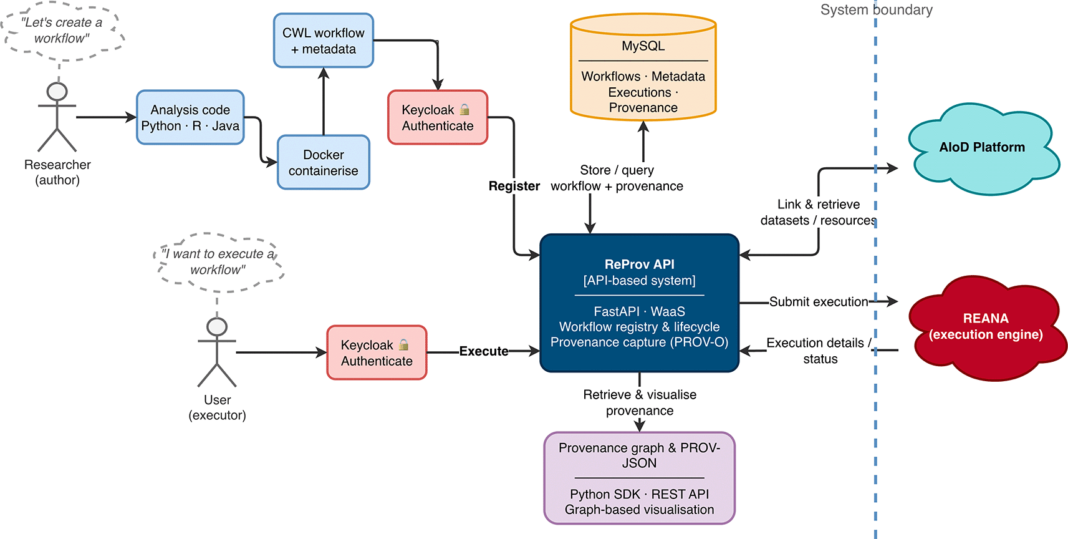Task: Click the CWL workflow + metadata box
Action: (323, 41)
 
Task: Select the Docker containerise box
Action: (323, 162)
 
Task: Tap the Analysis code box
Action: (190, 117)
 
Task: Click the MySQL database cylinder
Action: (643, 67)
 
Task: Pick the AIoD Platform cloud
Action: (982, 148)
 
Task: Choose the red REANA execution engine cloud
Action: (985, 328)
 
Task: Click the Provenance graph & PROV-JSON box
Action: (640, 478)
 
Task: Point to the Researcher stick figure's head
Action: (57, 92)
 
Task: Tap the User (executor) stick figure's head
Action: (217, 327)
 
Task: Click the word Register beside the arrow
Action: (514, 186)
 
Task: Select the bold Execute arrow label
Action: (483, 352)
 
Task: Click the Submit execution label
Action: (818, 302)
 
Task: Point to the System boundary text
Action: (877, 10)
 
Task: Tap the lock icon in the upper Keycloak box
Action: (464, 109)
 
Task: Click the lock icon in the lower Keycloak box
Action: (403, 344)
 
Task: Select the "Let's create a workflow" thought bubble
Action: (62, 31)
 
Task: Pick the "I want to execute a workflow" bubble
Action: (218, 263)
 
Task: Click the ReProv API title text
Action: (640, 265)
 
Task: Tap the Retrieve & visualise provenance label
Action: (640, 402)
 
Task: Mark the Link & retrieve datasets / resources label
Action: (818, 212)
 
